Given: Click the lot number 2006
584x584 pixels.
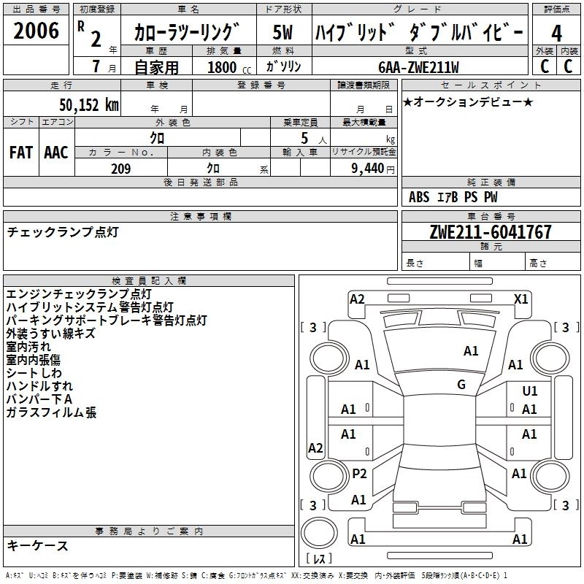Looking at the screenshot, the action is [36, 31].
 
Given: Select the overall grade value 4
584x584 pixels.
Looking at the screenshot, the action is [556, 34].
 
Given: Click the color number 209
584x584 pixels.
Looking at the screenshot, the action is [120, 169].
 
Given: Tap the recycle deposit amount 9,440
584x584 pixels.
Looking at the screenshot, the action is [362, 169].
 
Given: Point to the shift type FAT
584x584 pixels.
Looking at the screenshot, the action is [20, 152].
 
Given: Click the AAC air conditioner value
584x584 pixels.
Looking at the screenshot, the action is [55, 152].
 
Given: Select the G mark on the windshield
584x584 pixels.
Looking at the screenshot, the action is [461, 384].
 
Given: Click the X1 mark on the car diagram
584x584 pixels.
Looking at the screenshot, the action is [521, 299].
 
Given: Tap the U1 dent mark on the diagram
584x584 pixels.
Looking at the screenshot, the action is [529, 391].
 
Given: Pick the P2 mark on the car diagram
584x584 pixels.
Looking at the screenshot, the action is [359, 473].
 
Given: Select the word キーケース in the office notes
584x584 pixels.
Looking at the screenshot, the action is [37, 545].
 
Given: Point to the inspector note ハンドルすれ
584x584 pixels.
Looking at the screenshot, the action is [39, 386].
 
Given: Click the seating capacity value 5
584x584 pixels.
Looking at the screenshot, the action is [303, 138].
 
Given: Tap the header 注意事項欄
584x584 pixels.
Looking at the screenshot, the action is [201, 217].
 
